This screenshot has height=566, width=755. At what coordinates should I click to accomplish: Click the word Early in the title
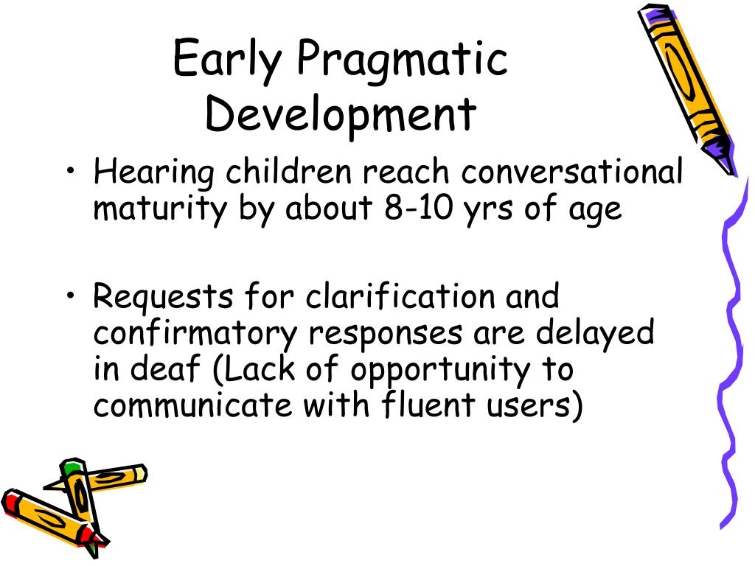click(x=227, y=60)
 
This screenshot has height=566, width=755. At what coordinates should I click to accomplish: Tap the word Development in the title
click(x=341, y=115)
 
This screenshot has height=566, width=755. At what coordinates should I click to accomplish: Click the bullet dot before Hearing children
click(x=71, y=173)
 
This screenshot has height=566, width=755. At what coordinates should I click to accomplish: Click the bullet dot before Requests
click(x=71, y=298)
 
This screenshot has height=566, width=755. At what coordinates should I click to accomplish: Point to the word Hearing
click(x=155, y=173)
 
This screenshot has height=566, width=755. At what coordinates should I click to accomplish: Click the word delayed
click(x=594, y=333)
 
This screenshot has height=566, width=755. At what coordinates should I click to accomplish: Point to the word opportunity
click(x=439, y=370)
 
